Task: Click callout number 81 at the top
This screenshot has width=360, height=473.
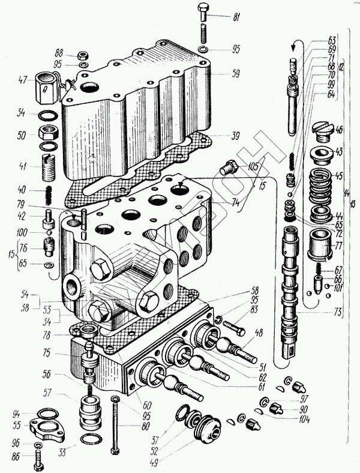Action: [x=235, y=16]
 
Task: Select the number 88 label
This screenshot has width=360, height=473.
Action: [x=59, y=53]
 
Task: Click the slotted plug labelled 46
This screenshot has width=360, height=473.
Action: [x=322, y=133]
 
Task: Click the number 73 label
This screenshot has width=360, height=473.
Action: [x=340, y=312]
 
